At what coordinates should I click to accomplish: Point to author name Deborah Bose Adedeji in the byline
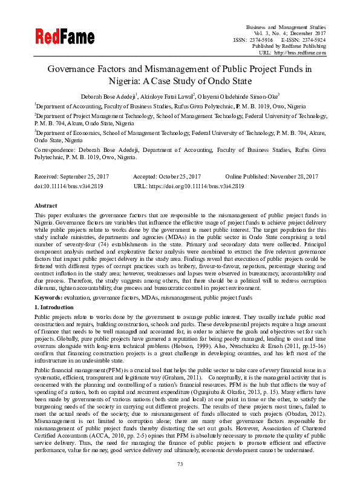(110, 95)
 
